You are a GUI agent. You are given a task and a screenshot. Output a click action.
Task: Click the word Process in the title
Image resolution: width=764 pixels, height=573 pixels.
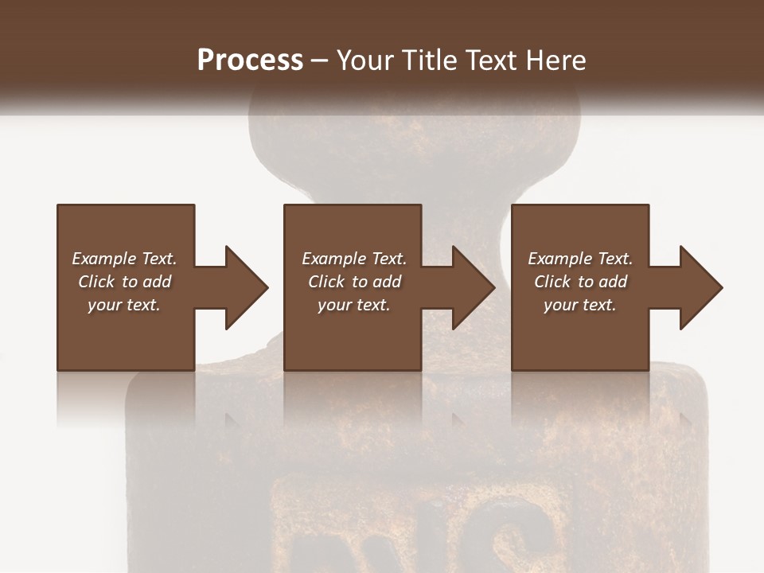tap(250, 60)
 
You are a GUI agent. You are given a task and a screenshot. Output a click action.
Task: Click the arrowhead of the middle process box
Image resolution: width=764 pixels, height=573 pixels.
tap(473, 287)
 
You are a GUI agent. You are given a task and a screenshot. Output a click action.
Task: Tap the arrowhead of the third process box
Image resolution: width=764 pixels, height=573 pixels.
tap(700, 287)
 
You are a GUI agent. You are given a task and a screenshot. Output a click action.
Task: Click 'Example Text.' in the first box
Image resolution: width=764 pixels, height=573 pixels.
tap(124, 259)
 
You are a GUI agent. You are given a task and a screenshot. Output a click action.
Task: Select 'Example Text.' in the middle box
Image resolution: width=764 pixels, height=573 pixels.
tap(354, 259)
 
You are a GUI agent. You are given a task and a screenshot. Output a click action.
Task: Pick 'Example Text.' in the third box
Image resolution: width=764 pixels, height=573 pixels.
tap(580, 259)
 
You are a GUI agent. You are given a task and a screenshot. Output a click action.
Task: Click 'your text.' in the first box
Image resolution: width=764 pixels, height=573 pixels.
tap(124, 305)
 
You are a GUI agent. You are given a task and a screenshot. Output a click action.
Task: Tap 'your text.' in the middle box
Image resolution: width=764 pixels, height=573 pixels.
tap(354, 305)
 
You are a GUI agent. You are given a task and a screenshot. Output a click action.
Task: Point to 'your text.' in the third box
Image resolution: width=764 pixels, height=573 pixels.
tap(580, 305)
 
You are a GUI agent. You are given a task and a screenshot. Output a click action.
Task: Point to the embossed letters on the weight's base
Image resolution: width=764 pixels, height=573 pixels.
tap(414, 533)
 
